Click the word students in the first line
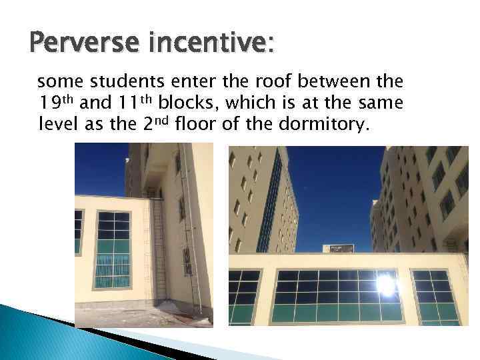(x=117, y=82)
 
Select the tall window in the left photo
(x=113, y=250)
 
